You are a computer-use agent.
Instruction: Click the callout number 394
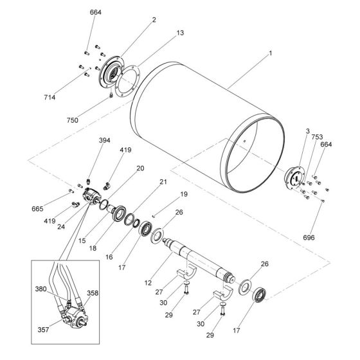click(104, 140)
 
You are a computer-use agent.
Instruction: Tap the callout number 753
click(317, 137)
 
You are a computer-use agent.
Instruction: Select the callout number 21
click(163, 181)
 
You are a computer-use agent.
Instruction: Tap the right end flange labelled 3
click(295, 177)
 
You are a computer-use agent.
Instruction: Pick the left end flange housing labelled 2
click(111, 70)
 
